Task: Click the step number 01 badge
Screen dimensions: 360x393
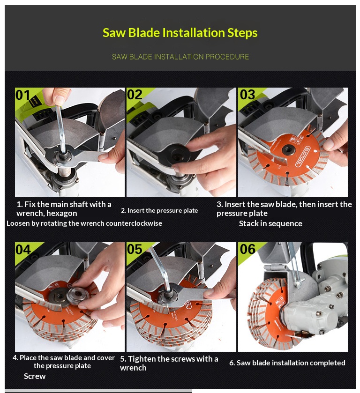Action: coord(22,95)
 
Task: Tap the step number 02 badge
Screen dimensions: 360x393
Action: coord(135,95)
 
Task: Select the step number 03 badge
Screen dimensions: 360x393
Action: coord(247,95)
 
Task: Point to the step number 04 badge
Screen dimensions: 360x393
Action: coord(23,250)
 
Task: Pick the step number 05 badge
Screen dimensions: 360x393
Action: coord(135,249)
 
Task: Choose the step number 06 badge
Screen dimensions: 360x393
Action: coord(247,249)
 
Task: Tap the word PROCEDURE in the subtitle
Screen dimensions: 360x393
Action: coord(227,57)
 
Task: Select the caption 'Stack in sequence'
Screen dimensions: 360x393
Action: coord(270,223)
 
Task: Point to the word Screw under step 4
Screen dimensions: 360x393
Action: coord(35,376)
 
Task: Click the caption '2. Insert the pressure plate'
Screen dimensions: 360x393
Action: coord(159,210)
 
